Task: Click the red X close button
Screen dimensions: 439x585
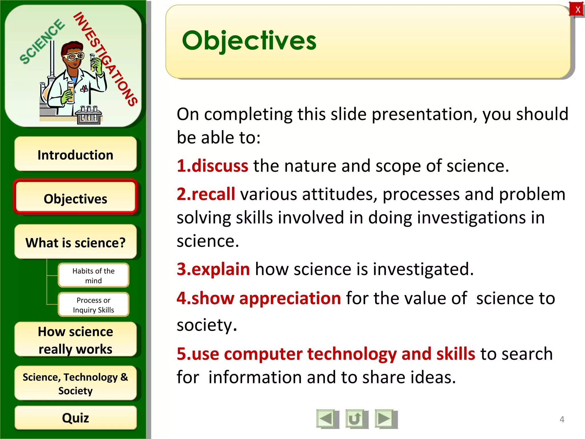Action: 577,9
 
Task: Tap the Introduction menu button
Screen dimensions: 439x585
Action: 75,154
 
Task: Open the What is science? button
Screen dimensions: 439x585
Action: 75,242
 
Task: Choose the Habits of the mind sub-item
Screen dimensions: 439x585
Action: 93,275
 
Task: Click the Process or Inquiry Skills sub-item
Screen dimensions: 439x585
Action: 93,305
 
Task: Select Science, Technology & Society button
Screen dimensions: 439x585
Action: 75,383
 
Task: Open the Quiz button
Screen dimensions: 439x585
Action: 75,418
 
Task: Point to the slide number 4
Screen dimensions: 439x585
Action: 562,419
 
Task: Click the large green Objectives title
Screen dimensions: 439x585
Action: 249,41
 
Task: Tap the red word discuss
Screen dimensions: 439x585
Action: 220,166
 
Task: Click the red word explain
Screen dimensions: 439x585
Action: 221,269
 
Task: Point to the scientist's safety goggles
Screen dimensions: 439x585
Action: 74,56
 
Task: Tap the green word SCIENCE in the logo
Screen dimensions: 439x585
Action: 42,42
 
